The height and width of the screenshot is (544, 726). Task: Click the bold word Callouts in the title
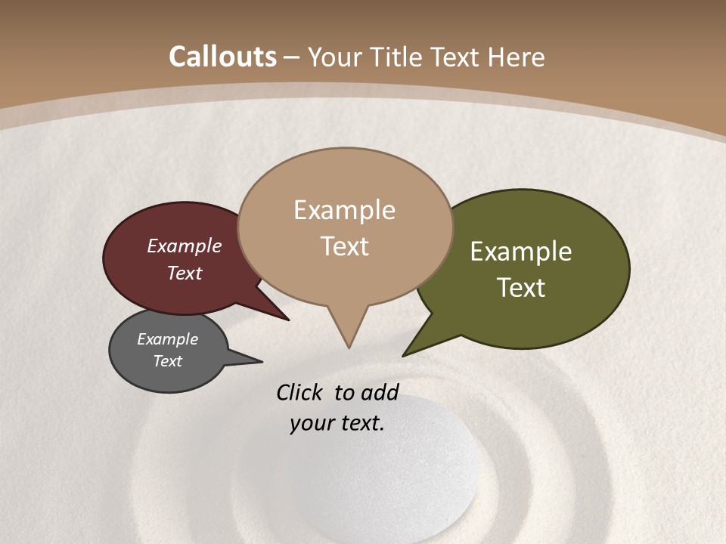(222, 57)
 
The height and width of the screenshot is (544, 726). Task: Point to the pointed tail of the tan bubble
(348, 332)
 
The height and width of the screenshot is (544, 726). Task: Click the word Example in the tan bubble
(345, 210)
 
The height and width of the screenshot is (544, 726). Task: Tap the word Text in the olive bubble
(521, 288)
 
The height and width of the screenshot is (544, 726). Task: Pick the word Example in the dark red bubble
(185, 246)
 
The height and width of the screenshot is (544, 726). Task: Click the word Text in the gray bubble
(168, 361)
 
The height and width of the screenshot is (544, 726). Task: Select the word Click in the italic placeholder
(301, 392)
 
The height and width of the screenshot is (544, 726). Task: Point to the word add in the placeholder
(380, 392)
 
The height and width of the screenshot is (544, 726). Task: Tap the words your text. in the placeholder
(337, 423)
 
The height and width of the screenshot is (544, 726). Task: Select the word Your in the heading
(336, 57)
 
